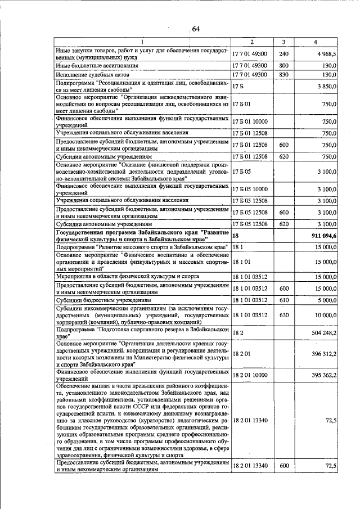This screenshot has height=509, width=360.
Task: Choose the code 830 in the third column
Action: [x=283, y=75]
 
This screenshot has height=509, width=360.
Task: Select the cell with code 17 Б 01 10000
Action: [x=251, y=121]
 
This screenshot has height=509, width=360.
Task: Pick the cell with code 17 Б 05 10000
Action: [x=251, y=188]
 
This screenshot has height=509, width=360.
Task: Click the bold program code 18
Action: [x=236, y=236]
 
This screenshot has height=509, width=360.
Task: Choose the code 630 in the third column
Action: [x=283, y=316]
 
